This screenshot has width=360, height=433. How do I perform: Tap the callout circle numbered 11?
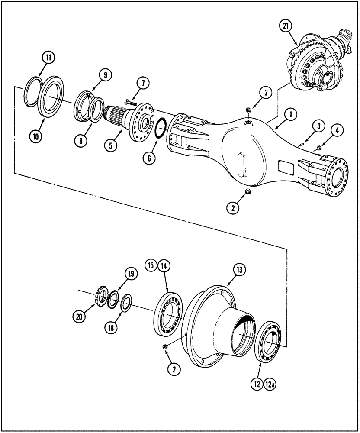[x=48, y=57]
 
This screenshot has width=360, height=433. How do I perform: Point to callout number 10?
[x=36, y=136]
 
